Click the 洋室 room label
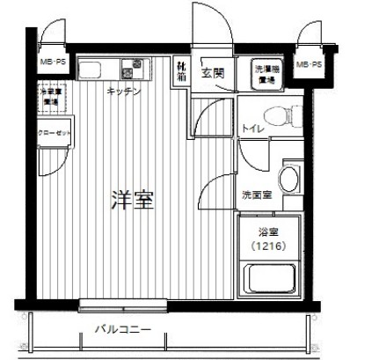point(132,200)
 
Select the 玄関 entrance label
point(212,73)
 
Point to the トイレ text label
point(252,130)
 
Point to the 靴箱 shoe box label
point(181,70)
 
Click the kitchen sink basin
point(92,69)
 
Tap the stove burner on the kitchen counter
point(136,69)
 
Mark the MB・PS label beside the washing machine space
point(308,65)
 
